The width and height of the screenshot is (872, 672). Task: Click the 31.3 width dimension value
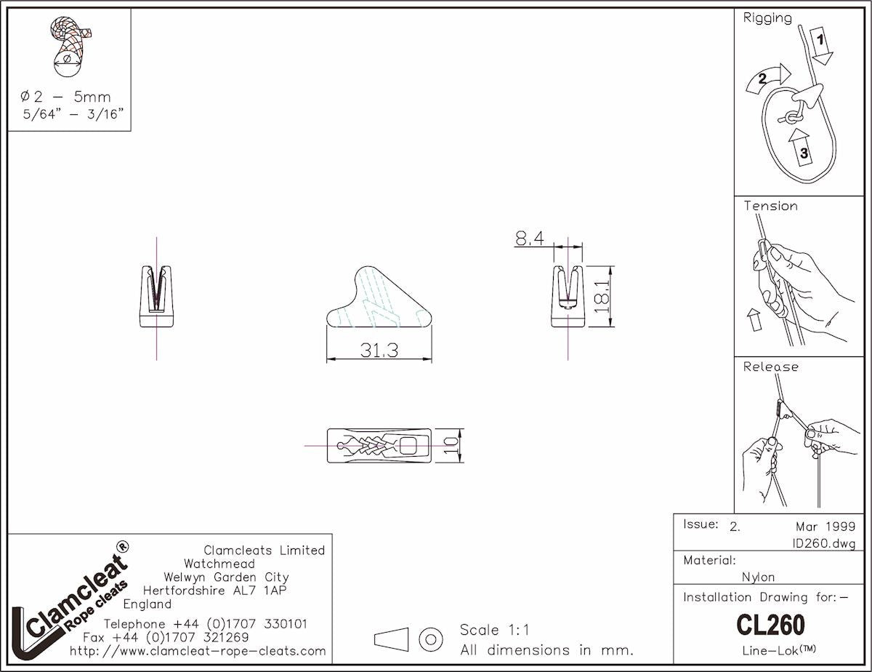(x=379, y=350)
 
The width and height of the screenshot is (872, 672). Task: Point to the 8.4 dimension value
(x=529, y=238)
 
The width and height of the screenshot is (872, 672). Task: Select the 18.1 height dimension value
(x=600, y=296)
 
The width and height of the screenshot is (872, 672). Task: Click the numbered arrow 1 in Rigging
(x=820, y=46)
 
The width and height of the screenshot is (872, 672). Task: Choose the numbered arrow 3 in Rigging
(x=802, y=148)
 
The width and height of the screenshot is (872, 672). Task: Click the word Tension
(x=770, y=206)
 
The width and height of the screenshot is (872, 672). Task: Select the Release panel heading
(x=770, y=367)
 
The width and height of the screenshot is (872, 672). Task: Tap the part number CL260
(x=770, y=625)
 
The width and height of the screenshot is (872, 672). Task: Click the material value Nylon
(x=758, y=577)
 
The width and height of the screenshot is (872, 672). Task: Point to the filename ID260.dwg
(x=823, y=543)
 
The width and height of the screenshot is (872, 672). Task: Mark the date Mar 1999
(x=825, y=526)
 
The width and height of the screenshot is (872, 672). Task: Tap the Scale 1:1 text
(x=495, y=630)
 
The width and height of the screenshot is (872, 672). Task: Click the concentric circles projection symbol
(x=431, y=639)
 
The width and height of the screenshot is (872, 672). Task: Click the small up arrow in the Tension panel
(x=754, y=318)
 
